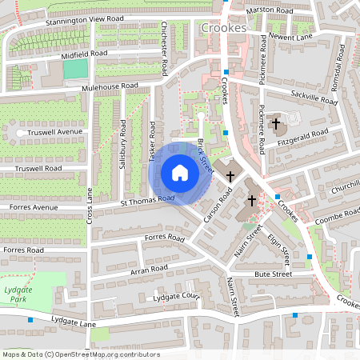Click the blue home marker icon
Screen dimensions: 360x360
180,173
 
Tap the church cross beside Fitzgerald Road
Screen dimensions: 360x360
276,124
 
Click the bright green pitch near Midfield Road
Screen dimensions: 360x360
74,70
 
